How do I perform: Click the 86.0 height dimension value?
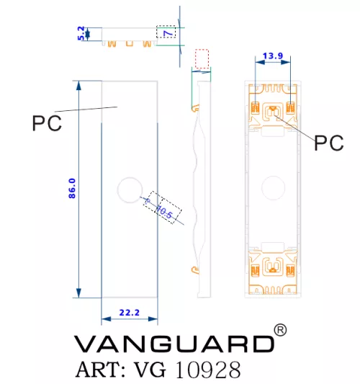(72, 188)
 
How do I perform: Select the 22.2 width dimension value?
(129, 313)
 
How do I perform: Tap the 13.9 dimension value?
(273, 56)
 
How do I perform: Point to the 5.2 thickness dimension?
(81, 33)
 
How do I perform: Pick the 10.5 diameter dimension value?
(165, 212)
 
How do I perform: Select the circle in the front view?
(130, 177)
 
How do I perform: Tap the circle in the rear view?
(273, 176)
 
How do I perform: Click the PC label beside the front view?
(47, 123)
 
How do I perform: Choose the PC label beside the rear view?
(329, 143)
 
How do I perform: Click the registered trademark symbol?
(280, 330)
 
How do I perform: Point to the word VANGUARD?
(174, 344)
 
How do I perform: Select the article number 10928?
(208, 370)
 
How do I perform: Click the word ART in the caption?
(101, 370)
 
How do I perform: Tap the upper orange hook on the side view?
(195, 108)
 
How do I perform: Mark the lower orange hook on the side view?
(195, 270)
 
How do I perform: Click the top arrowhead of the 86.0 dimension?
(78, 86)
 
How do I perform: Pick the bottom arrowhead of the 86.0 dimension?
(78, 293)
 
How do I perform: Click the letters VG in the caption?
(150, 370)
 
